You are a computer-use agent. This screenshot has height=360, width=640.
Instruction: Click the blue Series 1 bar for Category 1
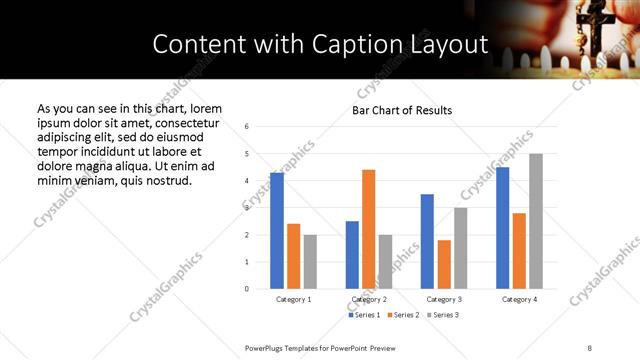[x=277, y=231]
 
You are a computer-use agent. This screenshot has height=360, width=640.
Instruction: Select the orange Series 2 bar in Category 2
[x=368, y=229]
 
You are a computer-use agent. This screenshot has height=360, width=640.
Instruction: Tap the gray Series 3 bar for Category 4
[x=536, y=221]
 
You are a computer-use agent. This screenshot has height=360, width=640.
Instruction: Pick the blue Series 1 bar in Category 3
[x=427, y=241]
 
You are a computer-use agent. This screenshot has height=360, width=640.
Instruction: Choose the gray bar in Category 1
[x=310, y=262]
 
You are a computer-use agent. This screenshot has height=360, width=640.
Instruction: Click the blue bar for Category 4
[x=502, y=228]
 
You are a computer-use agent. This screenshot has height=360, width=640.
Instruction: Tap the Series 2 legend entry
[x=402, y=316]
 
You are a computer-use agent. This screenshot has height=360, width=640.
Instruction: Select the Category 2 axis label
[x=369, y=299]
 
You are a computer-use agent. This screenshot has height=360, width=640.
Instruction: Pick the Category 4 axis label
[x=519, y=299]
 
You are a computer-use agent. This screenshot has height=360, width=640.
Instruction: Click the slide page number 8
[x=589, y=346]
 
